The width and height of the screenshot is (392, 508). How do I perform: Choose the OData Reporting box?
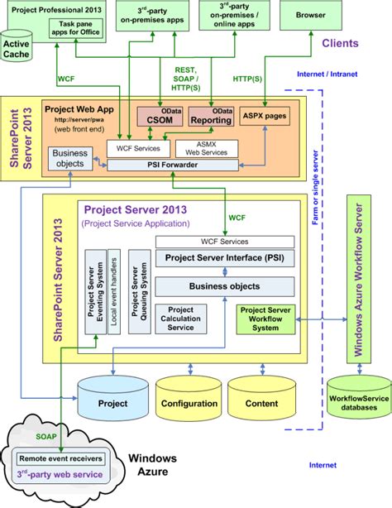(x=210, y=119)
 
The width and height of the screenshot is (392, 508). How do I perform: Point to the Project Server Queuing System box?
(x=141, y=291)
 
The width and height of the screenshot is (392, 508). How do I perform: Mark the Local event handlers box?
(x=116, y=291)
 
